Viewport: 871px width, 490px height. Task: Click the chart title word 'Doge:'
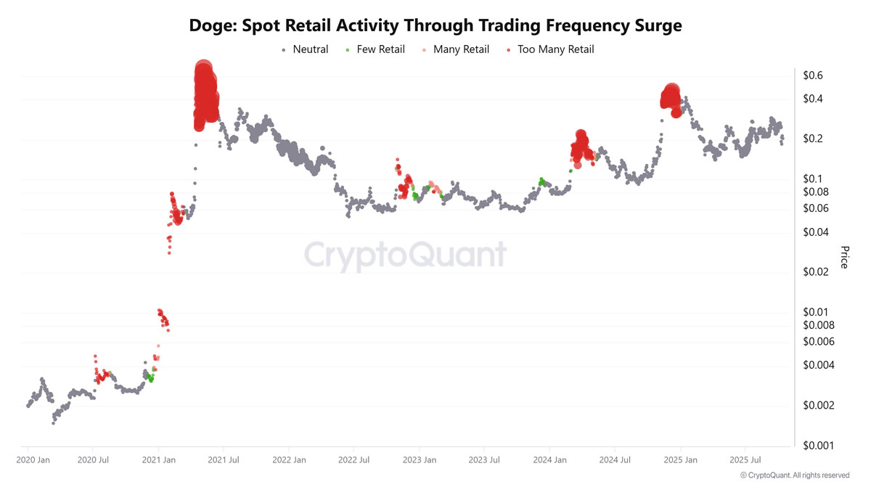click(213, 25)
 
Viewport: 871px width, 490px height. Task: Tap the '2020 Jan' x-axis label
click(33, 460)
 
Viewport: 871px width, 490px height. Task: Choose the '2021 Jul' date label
click(224, 460)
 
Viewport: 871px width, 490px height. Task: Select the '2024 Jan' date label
click(549, 460)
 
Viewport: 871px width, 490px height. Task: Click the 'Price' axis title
click(844, 257)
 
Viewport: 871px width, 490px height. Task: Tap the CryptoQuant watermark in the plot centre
click(404, 256)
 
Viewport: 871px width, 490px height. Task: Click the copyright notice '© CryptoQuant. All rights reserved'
click(794, 475)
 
